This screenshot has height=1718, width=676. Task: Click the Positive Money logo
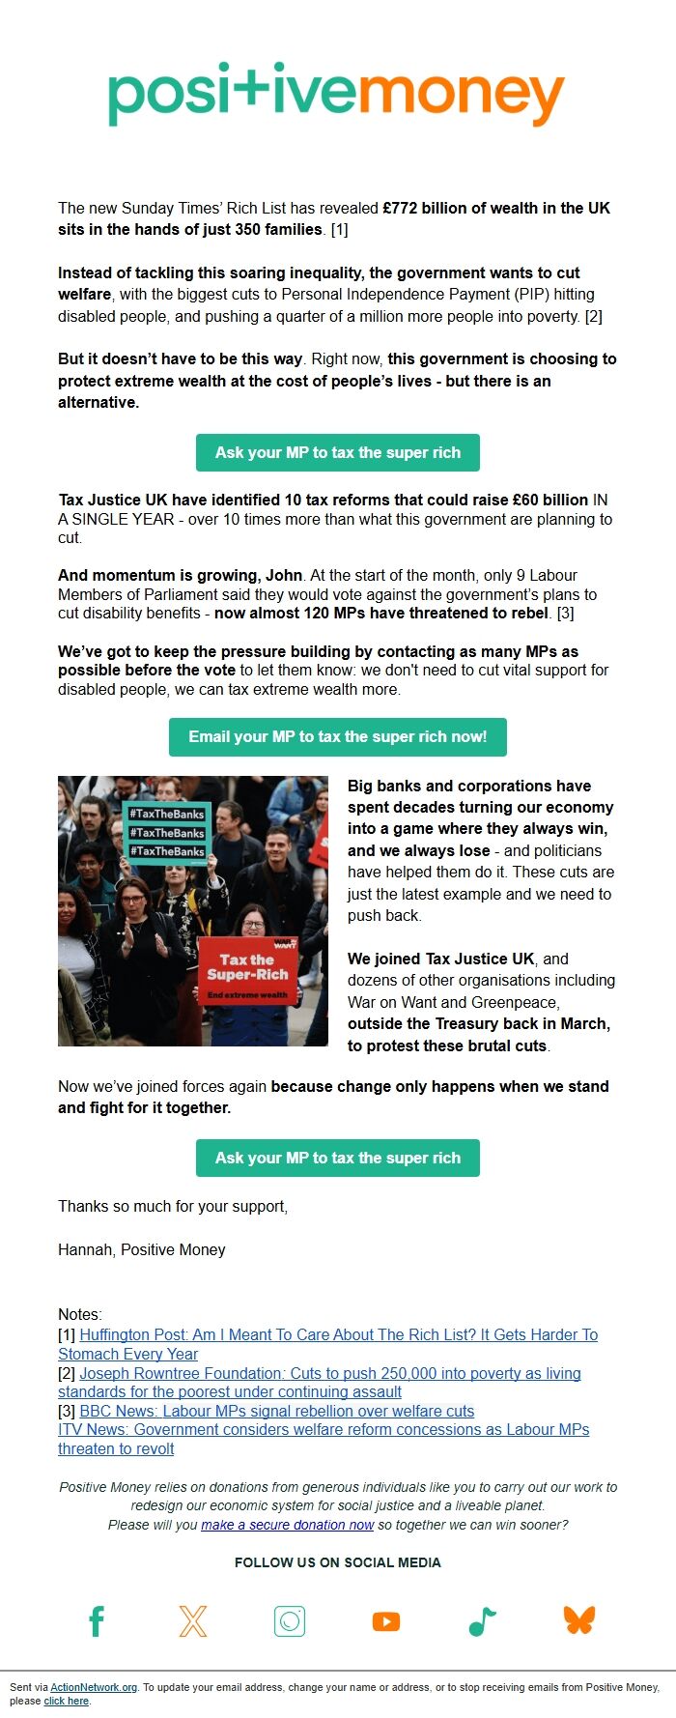point(337,95)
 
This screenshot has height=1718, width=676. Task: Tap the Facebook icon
point(97,1621)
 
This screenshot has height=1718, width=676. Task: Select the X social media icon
point(193,1621)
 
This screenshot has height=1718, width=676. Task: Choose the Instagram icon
point(290,1621)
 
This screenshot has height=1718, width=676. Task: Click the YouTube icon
point(386,1621)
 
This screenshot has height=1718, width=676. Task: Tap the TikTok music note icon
point(482,1621)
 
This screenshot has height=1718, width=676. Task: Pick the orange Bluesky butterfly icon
point(579,1620)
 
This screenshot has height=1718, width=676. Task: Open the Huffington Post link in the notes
point(338,1334)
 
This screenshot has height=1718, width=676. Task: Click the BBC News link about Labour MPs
point(277,1411)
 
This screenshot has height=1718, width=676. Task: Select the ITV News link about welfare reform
point(324,1430)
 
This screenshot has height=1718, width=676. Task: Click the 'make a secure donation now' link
point(287,1525)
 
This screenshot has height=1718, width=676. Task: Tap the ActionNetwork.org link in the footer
point(94,1687)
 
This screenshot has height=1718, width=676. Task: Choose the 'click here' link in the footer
point(66,1701)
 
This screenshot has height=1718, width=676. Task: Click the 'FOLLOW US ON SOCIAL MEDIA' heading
point(338,1562)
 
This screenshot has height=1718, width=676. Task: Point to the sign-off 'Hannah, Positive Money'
point(142,1249)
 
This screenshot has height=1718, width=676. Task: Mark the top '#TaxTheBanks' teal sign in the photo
point(167,815)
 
